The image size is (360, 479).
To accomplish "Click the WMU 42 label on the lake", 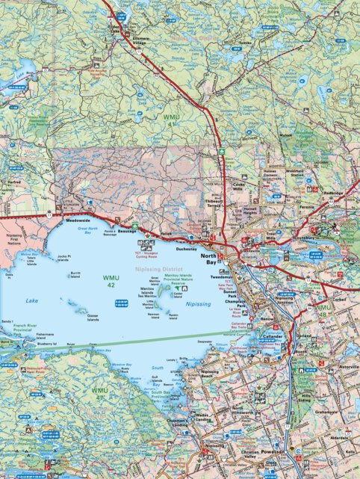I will click(x=110, y=282).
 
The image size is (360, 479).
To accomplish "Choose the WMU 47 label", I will click(x=99, y=392).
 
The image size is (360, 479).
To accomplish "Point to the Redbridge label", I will click(x=333, y=192).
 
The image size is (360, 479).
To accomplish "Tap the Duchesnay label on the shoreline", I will click(x=186, y=249).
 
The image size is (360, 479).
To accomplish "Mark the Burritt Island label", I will click(x=75, y=276).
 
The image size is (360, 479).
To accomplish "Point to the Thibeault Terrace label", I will click(x=214, y=204).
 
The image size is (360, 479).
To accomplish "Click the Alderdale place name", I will click(x=338, y=438).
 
